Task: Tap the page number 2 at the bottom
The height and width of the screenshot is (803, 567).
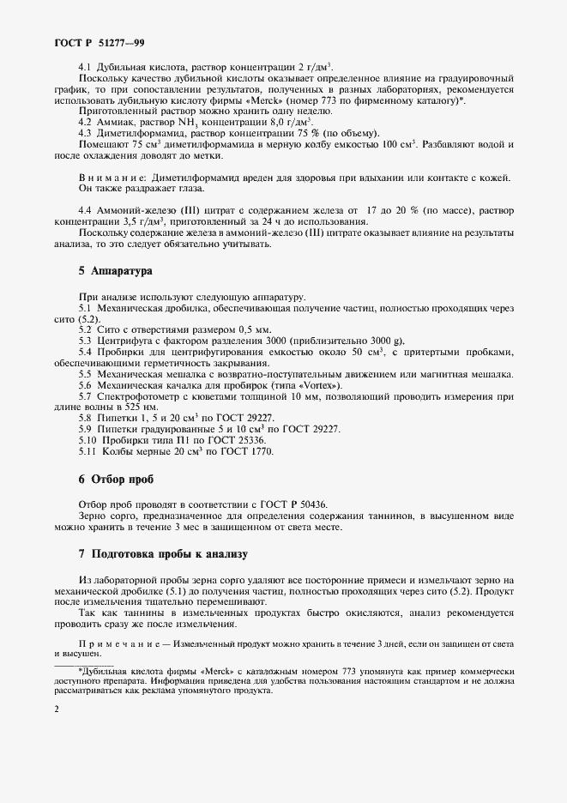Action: coord(57,709)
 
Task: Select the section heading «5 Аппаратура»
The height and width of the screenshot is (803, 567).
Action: coord(115,271)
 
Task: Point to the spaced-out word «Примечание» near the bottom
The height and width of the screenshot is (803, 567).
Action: coord(116,644)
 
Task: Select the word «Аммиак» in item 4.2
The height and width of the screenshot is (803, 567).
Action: coord(119,122)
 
